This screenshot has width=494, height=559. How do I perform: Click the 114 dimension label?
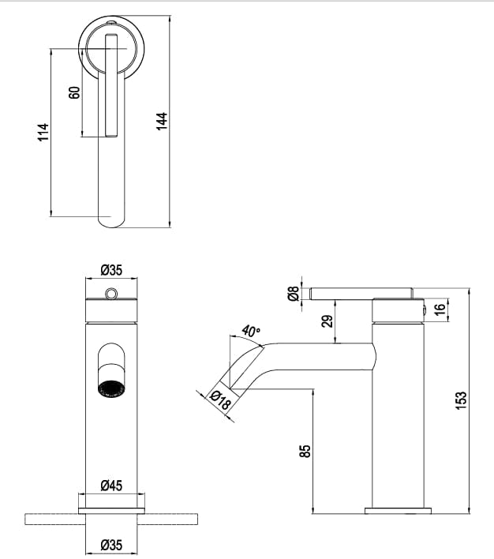(43, 132)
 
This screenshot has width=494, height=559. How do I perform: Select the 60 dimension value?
(75, 92)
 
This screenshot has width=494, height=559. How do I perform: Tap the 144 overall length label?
(162, 121)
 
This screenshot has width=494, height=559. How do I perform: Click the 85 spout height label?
(305, 451)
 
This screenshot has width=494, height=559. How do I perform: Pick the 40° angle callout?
(251, 330)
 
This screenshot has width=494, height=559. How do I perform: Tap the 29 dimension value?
(327, 320)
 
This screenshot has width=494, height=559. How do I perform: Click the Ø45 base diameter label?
(111, 486)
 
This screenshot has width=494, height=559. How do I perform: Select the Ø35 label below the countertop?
(111, 544)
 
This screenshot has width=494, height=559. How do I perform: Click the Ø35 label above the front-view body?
(111, 270)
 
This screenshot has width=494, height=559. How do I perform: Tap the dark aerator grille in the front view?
(111, 389)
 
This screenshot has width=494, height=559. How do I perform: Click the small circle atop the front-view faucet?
(111, 295)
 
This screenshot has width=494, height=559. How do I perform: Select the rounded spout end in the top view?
(111, 217)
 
